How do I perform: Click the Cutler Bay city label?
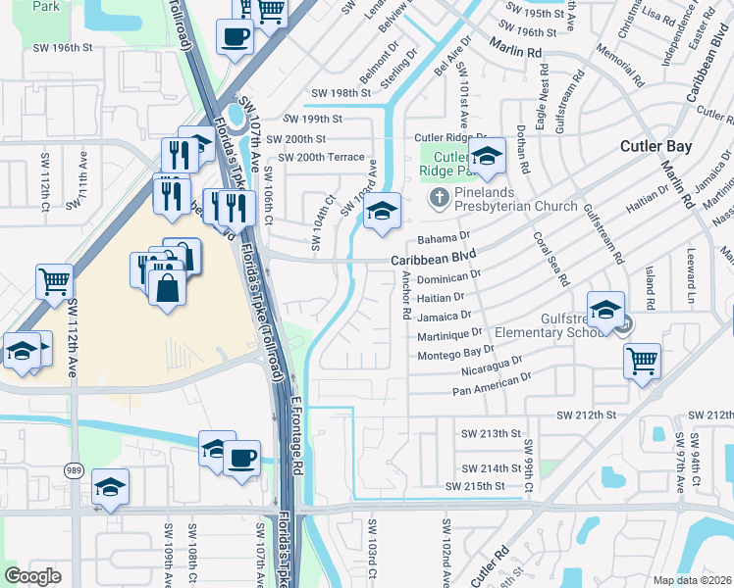(656, 147)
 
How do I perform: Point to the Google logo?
(32, 575)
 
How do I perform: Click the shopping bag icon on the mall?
(168, 287)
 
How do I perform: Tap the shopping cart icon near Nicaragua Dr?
(642, 360)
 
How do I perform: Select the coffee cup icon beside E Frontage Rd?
(241, 457)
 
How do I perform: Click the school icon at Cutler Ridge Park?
(487, 155)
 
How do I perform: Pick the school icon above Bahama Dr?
(383, 212)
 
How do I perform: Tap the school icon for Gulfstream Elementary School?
(606, 309)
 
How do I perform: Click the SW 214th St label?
(492, 468)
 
